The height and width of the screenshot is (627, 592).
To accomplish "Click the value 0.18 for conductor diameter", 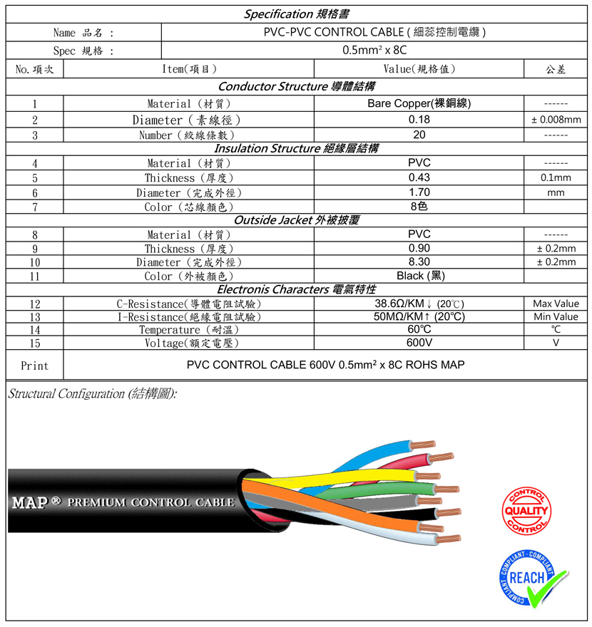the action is point(419,120).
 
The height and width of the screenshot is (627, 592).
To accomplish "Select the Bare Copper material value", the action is point(419,103).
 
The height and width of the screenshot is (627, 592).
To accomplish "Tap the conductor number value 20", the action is point(419,135).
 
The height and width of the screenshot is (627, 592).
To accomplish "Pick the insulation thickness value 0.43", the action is point(419,177).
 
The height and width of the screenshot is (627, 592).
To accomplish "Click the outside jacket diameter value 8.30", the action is point(419,262).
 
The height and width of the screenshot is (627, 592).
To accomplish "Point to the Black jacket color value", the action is point(421,276).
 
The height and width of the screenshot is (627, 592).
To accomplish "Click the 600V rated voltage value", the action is point(419,343).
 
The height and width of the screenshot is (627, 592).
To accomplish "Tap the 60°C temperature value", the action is point(419,329).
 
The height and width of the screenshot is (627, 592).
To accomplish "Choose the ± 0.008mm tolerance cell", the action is point(556,120).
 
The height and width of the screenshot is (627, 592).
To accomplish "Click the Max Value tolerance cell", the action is point(556,304).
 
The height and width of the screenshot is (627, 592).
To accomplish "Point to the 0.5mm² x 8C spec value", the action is point(374,51).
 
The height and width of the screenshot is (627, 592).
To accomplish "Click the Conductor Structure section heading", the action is point(297,86).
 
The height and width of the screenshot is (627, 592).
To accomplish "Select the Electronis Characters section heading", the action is point(297,289).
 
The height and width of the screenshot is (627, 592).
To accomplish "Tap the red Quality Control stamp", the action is point(526,511).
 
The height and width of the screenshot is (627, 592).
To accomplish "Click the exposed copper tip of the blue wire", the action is point(423,445).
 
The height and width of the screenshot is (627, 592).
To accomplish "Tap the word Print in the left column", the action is point(34,366).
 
